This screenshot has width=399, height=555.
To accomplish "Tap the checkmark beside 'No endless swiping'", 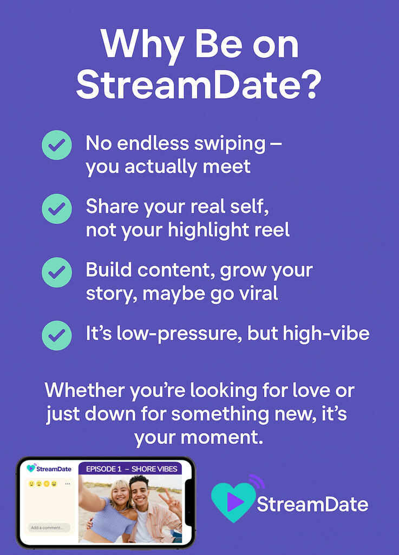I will click(57, 145).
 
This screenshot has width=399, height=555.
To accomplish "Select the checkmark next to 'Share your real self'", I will click(57, 208).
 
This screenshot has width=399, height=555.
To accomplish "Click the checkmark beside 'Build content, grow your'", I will click(57, 272).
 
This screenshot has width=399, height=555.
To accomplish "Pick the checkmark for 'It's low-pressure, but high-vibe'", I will click(57, 335).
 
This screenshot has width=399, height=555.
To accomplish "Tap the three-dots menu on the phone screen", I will click(68, 484).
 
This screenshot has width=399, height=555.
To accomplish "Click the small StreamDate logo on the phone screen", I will click(49, 468).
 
